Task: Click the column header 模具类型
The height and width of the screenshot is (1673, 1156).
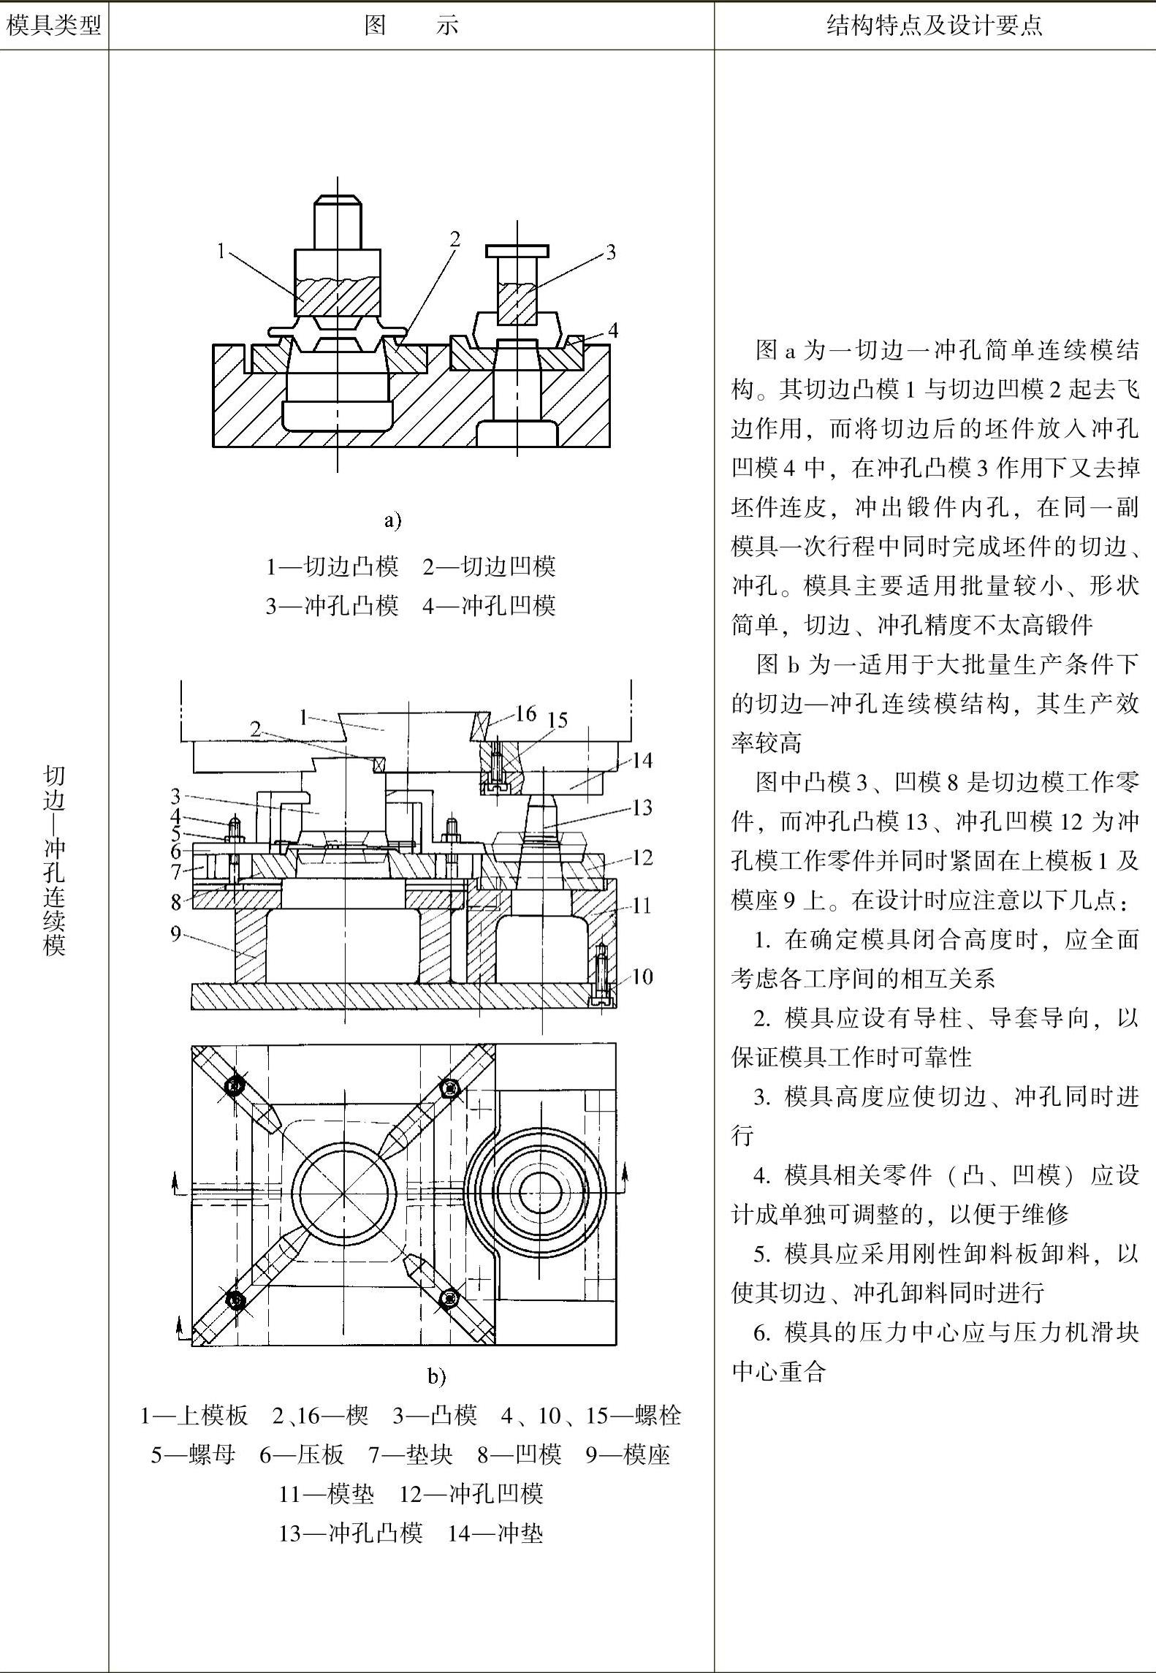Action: point(53,26)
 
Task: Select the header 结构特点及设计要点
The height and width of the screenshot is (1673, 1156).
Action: point(934,26)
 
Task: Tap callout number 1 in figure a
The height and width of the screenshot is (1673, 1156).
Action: point(221,251)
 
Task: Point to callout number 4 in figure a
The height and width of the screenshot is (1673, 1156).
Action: point(612,330)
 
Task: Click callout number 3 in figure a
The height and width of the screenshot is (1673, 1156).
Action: point(611,252)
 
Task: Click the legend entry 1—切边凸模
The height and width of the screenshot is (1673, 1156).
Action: point(332,566)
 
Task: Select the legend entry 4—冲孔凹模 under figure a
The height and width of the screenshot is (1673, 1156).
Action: point(489,605)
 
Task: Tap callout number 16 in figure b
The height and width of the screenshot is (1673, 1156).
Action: point(525,713)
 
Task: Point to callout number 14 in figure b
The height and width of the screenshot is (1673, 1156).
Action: point(641,761)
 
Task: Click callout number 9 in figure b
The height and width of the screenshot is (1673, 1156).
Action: point(175,933)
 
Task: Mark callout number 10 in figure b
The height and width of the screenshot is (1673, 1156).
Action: point(642,976)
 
